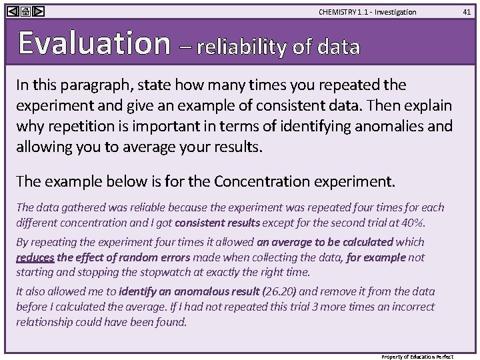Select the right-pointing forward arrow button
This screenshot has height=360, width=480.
pos(38,11)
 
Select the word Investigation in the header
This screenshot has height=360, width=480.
pos(397,12)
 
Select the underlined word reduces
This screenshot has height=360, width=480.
pos(35,257)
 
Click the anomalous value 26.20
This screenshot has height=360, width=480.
pos(281,291)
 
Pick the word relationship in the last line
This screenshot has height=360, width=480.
pos(45,322)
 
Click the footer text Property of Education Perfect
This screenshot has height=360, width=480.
pos(426,357)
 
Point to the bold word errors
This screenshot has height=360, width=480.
pos(171,257)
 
